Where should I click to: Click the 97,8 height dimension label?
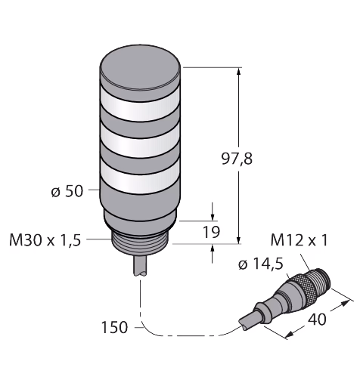tap(237, 159)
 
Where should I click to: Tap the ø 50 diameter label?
tap(67, 191)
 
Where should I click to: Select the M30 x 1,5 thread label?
tap(45, 240)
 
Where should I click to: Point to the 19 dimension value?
tap(212, 232)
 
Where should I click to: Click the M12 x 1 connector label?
tap(299, 240)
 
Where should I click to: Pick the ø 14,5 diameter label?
tap(261, 264)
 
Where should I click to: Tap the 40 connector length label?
tap(317, 320)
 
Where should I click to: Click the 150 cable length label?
tap(114, 327)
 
